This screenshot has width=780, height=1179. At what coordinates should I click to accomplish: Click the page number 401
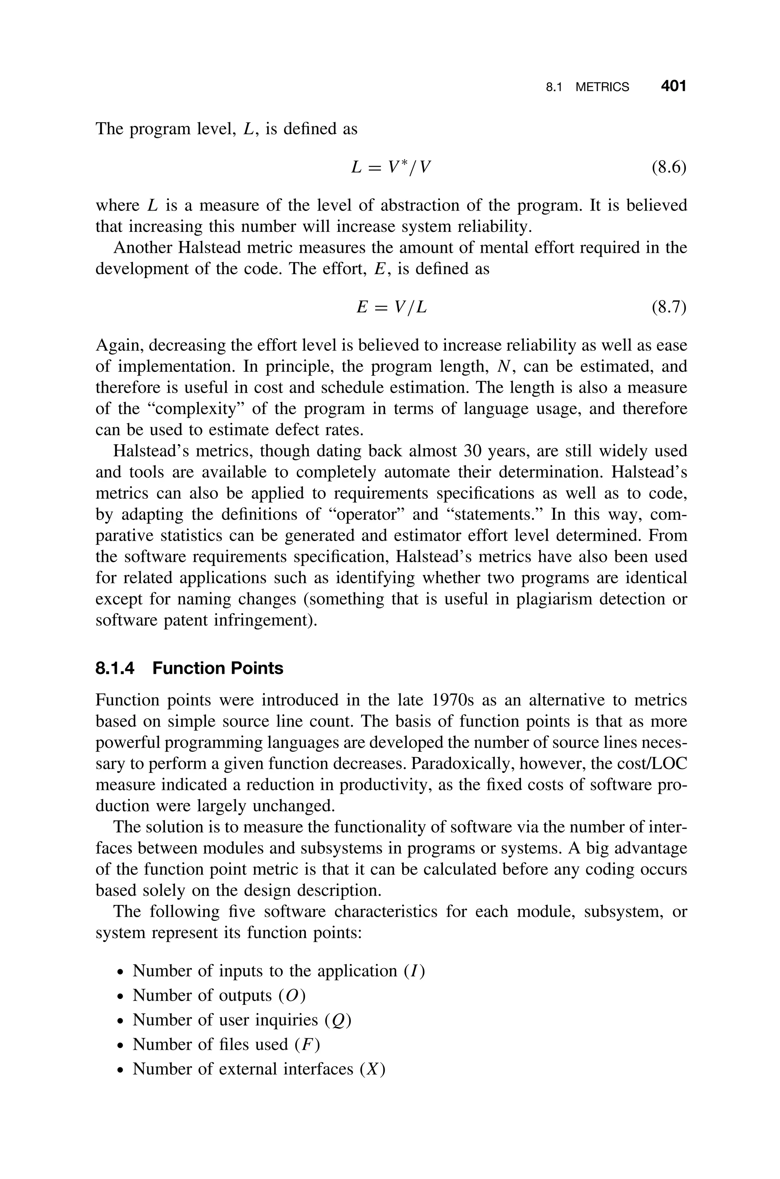(x=673, y=87)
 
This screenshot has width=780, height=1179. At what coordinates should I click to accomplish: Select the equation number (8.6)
(x=668, y=168)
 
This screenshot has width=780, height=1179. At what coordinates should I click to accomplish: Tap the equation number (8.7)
(x=668, y=308)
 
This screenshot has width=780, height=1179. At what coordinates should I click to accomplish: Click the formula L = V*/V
(x=390, y=167)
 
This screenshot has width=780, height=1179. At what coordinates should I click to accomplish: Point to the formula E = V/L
(x=392, y=308)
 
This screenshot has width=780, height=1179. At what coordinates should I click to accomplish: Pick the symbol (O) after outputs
(x=292, y=995)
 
